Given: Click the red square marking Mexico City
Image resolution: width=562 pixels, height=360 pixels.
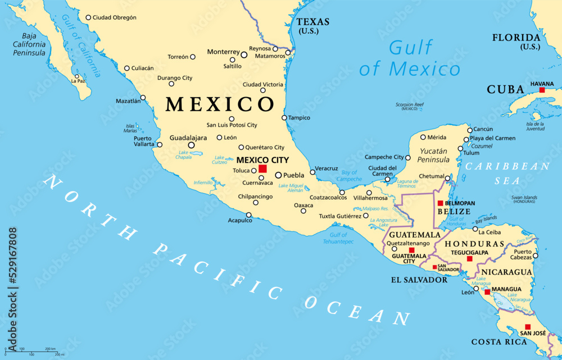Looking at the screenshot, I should (x=262, y=168).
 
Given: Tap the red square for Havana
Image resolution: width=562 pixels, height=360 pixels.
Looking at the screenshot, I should (x=542, y=90).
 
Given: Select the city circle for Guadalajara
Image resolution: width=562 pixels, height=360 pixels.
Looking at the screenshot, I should (x=191, y=145).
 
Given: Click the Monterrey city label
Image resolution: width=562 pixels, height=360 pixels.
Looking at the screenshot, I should (x=223, y=52).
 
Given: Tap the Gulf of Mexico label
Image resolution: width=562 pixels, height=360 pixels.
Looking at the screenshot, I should (x=410, y=58).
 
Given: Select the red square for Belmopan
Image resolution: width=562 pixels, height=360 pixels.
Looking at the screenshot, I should (x=440, y=203).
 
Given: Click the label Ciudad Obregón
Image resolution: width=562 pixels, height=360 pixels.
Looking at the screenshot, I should (x=115, y=17).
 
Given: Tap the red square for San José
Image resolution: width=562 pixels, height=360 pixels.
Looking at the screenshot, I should (x=527, y=327).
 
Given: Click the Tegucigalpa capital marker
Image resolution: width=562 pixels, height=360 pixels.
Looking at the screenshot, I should (x=469, y=258).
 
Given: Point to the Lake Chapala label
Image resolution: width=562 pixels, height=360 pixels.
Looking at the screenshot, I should (x=184, y=156).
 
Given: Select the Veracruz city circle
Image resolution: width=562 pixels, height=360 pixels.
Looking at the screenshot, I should (x=312, y=172).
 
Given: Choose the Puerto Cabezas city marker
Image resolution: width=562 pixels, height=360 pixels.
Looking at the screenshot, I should (x=535, y=256).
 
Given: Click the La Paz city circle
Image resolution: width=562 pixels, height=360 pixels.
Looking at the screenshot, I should (x=77, y=76).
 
